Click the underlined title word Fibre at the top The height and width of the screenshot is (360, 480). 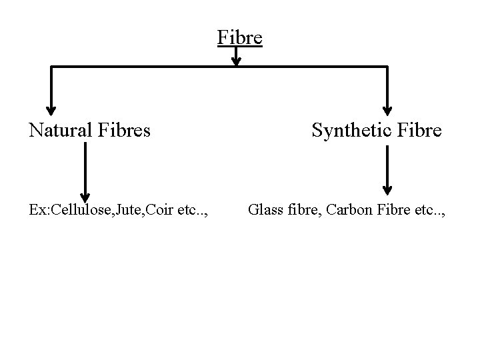coord(240,37)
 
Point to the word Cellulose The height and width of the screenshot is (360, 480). coord(84,211)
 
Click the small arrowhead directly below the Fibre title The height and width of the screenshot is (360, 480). coord(236,61)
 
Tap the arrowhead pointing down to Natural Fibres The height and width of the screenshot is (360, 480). coord(51,110)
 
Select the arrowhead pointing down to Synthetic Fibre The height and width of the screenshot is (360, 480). coord(388,110)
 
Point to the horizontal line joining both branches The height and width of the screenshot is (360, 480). coord(147,67)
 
